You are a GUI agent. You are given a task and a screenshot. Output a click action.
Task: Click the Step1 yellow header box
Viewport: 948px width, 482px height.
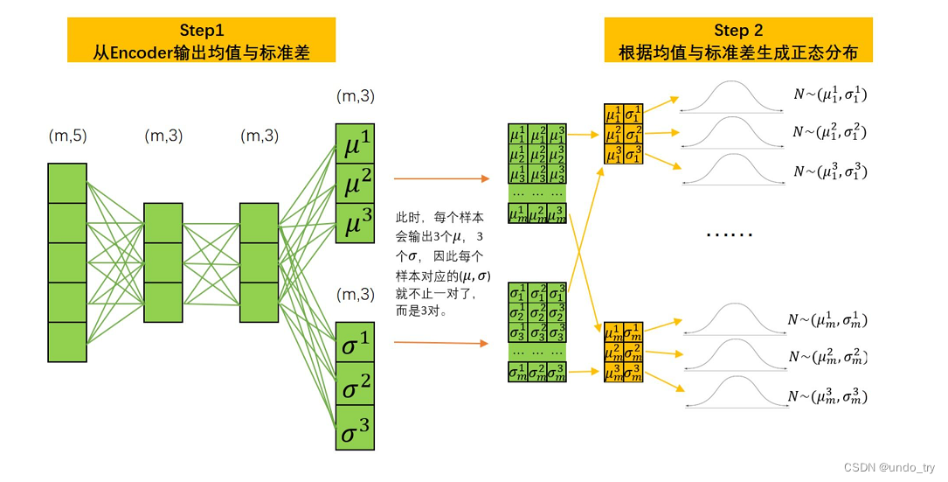pos(201,40)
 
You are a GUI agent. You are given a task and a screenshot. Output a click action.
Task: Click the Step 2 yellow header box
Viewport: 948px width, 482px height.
pos(737,40)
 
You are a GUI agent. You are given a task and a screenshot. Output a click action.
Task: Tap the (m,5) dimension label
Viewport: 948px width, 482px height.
pos(67,136)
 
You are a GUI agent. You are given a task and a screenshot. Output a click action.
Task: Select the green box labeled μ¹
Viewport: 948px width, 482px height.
pos(355,143)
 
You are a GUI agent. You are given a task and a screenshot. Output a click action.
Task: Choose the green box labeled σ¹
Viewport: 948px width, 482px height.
pos(355,344)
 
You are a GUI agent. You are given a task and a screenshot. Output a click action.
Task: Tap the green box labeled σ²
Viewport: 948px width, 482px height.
pos(355,385)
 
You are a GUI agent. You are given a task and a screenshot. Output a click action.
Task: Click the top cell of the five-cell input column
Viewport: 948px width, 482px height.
pos(67,183)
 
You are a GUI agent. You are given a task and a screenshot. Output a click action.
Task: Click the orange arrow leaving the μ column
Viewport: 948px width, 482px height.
pos(440,179)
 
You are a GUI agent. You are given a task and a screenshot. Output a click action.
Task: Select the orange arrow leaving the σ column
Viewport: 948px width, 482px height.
pos(440,343)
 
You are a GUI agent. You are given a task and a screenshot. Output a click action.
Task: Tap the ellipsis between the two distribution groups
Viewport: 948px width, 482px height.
pos(729,234)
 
